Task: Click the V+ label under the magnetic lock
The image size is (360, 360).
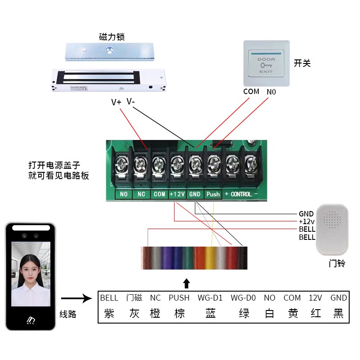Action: pyautogui.click(x=116, y=102)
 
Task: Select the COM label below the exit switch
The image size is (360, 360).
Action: pyautogui.click(x=251, y=91)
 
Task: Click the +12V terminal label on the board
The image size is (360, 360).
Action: pyautogui.click(x=177, y=194)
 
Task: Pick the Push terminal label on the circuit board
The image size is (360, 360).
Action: pyautogui.click(x=213, y=194)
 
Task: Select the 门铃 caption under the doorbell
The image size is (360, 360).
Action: pyautogui.click(x=337, y=264)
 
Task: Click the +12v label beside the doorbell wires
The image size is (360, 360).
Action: pyautogui.click(x=307, y=221)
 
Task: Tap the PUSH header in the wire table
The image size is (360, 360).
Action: pyautogui.click(x=179, y=298)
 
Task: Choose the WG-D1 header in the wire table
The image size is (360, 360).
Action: pyautogui.click(x=210, y=298)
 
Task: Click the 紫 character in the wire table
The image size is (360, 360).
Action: pyautogui.click(x=109, y=313)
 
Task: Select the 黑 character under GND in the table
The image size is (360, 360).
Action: pyautogui.click(x=338, y=313)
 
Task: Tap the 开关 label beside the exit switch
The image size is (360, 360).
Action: pyautogui.click(x=302, y=63)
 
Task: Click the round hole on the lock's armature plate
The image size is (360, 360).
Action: pyautogui.click(x=109, y=49)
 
